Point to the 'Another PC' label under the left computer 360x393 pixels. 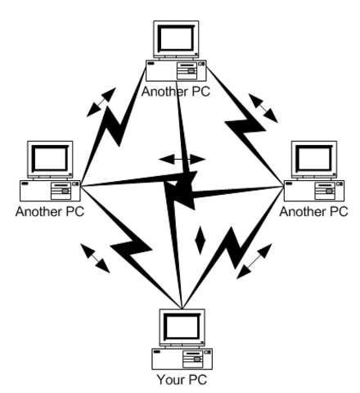click(50, 210)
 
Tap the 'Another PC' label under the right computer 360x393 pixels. click(314, 210)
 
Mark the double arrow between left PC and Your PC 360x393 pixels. click(97, 256)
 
